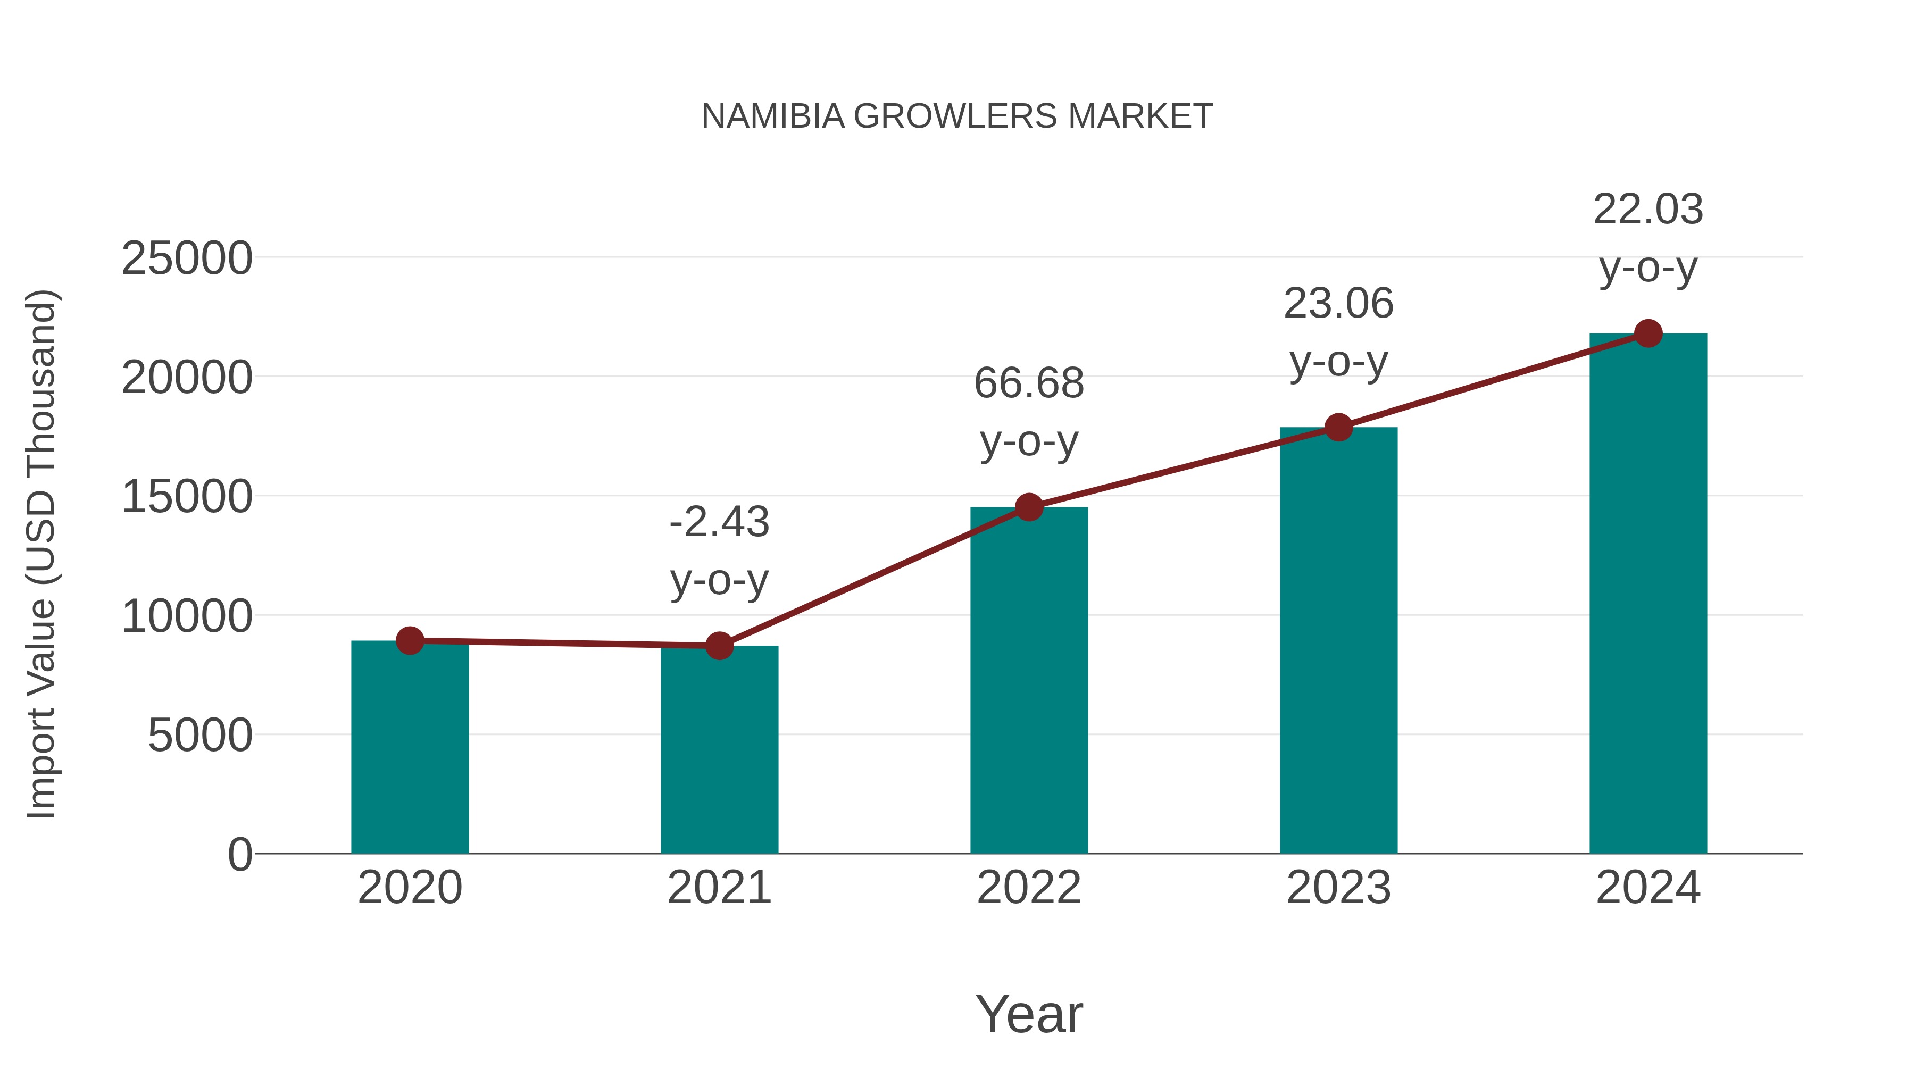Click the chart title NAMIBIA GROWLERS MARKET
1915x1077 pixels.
click(x=957, y=116)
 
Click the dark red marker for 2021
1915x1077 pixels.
click(x=719, y=646)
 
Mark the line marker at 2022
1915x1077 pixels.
click(x=1029, y=508)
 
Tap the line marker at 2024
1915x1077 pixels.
click(x=1648, y=333)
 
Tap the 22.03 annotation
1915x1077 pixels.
click(x=1648, y=237)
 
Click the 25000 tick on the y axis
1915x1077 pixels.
click(x=187, y=258)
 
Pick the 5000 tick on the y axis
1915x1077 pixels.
click(x=200, y=736)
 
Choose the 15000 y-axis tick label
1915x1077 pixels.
click(x=187, y=497)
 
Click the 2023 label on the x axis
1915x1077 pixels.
click(x=1338, y=888)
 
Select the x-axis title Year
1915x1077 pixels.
click(x=1029, y=1014)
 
